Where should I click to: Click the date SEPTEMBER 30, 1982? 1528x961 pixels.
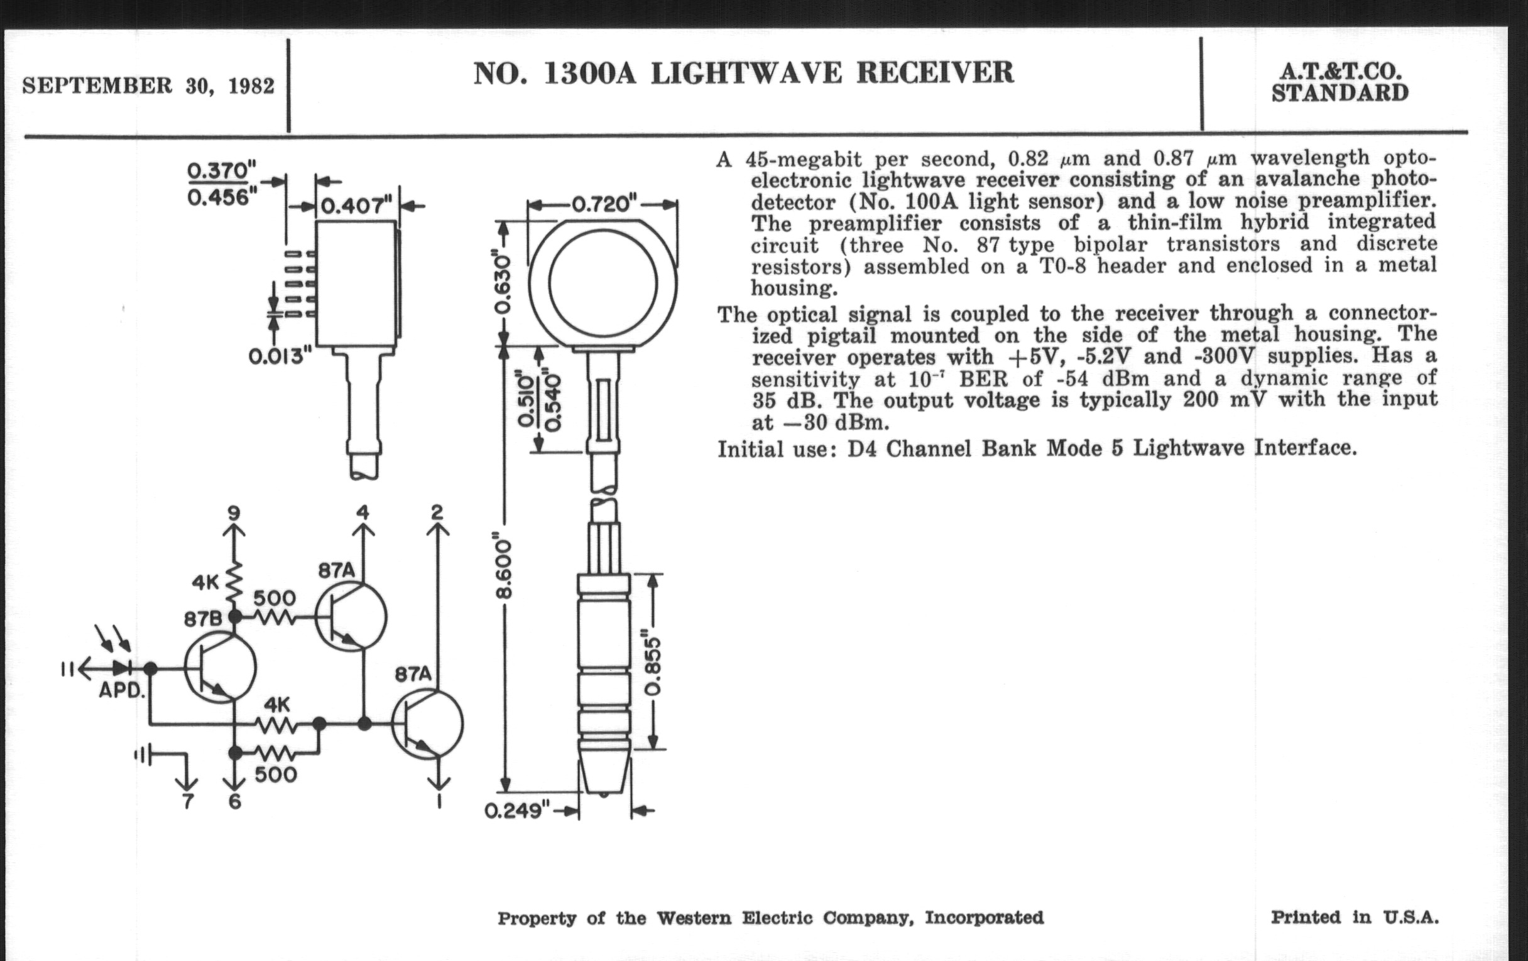(148, 85)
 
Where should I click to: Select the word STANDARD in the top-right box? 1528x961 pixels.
(1340, 93)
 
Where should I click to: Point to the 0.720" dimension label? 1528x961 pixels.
(603, 204)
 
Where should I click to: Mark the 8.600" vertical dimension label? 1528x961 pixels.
(504, 569)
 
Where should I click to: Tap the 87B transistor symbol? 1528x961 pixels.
(220, 668)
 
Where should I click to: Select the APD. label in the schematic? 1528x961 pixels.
(123, 690)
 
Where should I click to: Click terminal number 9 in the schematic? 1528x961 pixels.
(234, 511)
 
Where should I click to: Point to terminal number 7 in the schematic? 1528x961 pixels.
(187, 802)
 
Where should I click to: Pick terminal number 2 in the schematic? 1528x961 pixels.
(437, 511)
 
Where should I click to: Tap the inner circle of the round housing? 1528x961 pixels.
(603, 283)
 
